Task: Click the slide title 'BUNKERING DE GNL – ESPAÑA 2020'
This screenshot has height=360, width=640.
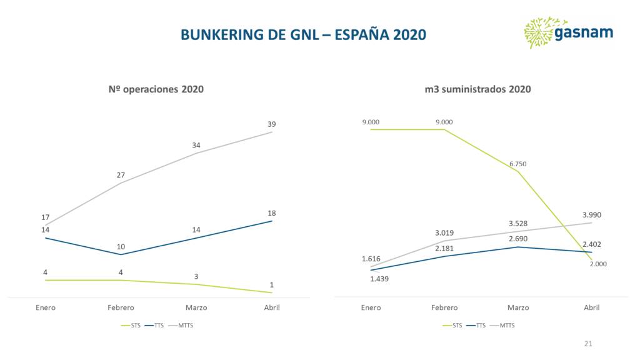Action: click(303, 35)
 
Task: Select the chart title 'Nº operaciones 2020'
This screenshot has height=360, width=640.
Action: click(156, 89)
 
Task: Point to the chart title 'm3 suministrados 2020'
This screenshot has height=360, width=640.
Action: click(477, 89)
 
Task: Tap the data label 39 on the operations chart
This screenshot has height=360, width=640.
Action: click(271, 124)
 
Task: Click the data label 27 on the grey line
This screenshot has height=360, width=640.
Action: click(121, 175)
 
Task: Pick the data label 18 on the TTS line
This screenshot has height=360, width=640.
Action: click(271, 213)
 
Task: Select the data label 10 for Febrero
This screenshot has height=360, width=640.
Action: click(121, 246)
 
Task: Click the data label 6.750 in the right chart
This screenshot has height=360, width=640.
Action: click(518, 164)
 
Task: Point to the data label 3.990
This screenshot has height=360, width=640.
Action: click(591, 214)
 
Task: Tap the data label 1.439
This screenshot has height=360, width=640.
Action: click(379, 279)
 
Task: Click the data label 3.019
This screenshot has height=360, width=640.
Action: click(444, 232)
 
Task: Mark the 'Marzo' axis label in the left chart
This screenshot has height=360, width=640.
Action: click(196, 307)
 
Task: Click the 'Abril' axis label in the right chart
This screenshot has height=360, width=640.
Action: click(591, 307)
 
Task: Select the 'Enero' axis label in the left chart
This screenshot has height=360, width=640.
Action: click(46, 307)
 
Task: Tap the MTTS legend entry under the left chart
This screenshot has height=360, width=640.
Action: click(186, 326)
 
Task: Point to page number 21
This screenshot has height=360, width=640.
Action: click(587, 344)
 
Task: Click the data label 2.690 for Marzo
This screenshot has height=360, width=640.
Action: click(518, 239)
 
